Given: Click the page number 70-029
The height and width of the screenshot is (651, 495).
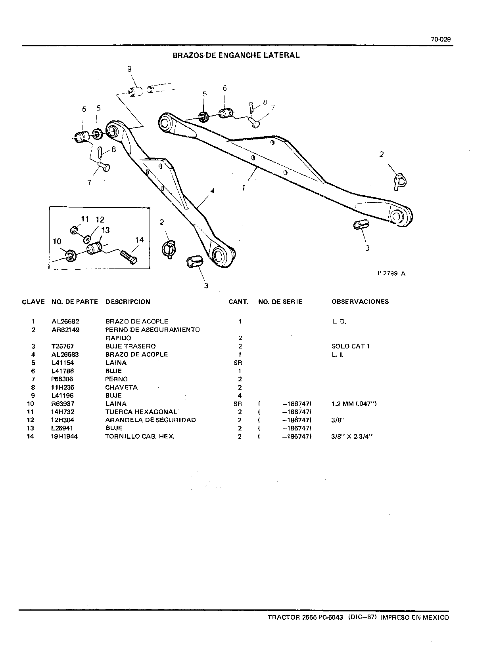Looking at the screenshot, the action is click(441, 39).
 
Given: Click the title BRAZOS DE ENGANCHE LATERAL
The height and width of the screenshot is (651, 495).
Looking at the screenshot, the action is click(236, 55).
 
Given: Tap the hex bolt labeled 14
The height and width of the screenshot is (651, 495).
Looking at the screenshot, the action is click(129, 257).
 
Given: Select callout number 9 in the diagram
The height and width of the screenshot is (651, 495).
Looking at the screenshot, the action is click(129, 69).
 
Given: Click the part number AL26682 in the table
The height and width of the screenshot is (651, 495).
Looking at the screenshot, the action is click(65, 321).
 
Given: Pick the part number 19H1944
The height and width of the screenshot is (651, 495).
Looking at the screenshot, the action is click(64, 436).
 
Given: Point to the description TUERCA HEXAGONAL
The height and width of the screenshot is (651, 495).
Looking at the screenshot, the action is click(141, 412).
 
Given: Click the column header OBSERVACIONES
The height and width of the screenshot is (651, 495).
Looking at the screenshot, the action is click(360, 302).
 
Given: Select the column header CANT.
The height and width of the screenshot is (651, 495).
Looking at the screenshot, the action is click(238, 302).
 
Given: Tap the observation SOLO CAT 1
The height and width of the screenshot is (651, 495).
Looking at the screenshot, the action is click(351, 346).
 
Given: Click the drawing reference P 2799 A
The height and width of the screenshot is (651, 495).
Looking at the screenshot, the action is click(391, 273).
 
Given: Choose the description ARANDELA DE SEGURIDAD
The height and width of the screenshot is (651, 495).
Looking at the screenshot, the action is click(151, 420).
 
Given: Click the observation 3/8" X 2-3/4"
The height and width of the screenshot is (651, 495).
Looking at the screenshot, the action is click(352, 436).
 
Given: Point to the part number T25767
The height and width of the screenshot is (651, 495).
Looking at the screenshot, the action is click(63, 346).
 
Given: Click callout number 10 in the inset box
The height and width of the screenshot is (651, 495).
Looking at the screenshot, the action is click(57, 242).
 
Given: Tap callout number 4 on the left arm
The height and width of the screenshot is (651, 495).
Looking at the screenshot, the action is click(212, 191).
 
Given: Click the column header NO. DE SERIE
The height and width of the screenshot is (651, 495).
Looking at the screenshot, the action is click(280, 302).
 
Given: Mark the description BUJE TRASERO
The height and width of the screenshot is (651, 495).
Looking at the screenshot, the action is click(130, 346).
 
